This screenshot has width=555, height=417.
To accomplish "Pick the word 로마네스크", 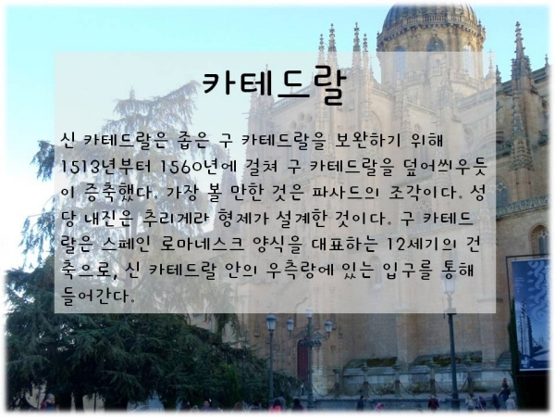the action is pos(202,245).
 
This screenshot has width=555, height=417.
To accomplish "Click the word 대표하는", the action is pos(343,245).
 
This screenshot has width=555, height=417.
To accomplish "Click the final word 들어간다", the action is pos(98,296).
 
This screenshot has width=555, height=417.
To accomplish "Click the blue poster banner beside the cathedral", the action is pos(531,313).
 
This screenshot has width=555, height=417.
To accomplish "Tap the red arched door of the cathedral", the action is pos(302,360).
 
